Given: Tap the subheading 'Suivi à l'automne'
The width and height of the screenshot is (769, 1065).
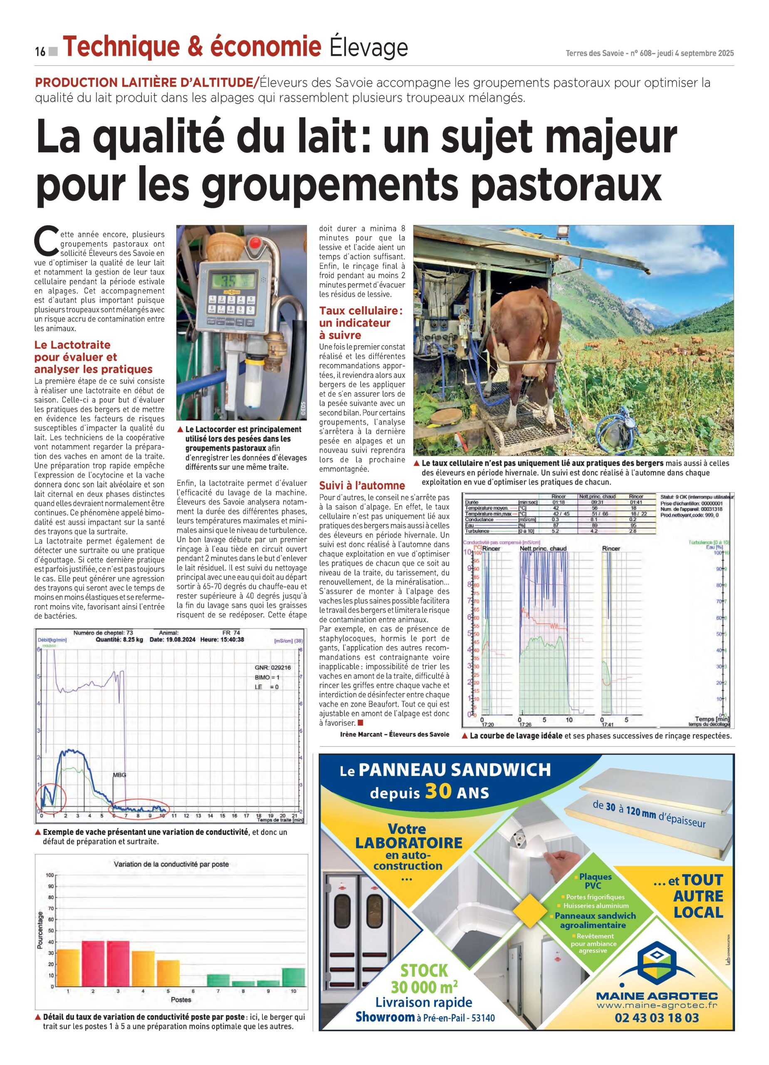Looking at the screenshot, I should coord(361,485).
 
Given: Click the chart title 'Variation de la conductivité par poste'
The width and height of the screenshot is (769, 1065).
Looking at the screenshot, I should coord(171,864).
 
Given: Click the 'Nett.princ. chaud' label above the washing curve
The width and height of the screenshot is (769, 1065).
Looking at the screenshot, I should coord(543,548).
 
